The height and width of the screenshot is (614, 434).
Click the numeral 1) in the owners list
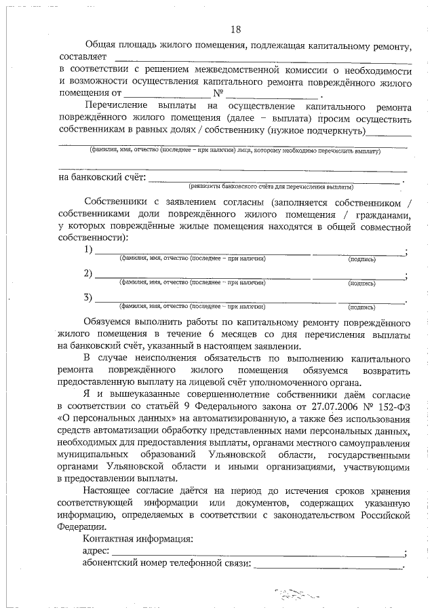coord(88,250)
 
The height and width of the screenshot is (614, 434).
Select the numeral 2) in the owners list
coord(88,273)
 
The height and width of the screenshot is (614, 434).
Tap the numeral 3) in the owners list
coord(88,297)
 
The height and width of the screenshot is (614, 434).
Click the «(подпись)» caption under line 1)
coord(361,259)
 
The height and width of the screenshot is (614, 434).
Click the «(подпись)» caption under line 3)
coord(361,306)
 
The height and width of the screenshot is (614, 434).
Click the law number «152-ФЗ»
coord(394,407)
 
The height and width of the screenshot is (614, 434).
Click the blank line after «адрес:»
coord(258,552)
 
